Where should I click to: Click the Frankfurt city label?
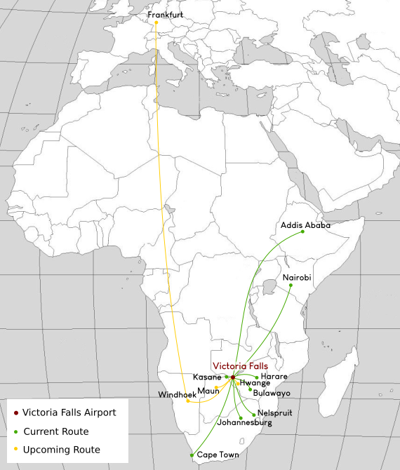pyautogui.click(x=166, y=14)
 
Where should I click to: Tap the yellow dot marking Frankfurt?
pyautogui.click(x=156, y=22)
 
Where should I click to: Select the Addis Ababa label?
pyautogui.click(x=305, y=225)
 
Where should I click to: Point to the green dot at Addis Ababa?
pyautogui.click(x=302, y=233)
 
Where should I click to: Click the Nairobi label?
pyautogui.click(x=297, y=278)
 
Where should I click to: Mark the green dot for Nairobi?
pyautogui.click(x=291, y=285)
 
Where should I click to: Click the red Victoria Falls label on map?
pyautogui.click(x=240, y=365)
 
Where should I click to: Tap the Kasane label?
pyautogui.click(x=207, y=377)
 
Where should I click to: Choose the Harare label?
pyautogui.click(x=274, y=377)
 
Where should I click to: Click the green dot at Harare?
pyautogui.click(x=258, y=377)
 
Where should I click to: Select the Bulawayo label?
pyautogui.click(x=272, y=393)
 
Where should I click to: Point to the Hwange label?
pyautogui.click(x=255, y=383)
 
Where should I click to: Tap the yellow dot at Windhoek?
pyautogui.click(x=188, y=401)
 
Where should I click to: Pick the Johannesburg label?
pyautogui.click(x=245, y=423)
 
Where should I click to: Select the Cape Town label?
pyautogui.click(x=218, y=455)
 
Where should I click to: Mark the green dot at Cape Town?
pyautogui.click(x=192, y=456)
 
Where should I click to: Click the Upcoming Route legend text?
pyautogui.click(x=61, y=450)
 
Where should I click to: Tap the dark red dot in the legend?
pyautogui.click(x=15, y=412)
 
